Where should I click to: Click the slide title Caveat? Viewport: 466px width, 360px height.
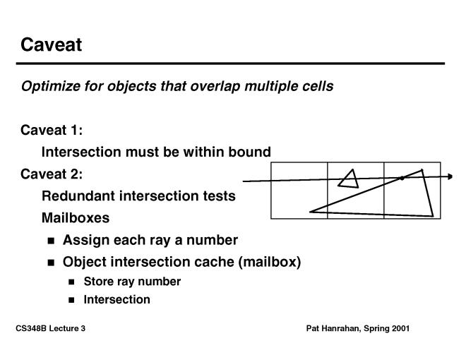tap(51, 45)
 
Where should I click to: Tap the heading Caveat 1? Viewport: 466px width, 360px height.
tap(52, 130)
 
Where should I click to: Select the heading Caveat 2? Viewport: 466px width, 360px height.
tap(52, 174)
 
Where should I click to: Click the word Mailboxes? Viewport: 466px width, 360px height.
tap(76, 217)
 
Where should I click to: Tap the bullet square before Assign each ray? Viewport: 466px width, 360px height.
tap(51, 241)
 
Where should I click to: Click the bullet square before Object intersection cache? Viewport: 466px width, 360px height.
tap(51, 263)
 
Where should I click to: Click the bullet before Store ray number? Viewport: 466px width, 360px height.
tap(71, 282)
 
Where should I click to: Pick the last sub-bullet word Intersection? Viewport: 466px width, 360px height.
tap(116, 299)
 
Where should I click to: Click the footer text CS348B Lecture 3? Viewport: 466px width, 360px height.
tap(51, 328)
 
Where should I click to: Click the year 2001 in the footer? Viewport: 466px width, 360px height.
tap(400, 328)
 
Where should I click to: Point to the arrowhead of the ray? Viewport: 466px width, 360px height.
tap(450, 176)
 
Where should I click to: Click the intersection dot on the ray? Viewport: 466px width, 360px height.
tap(402, 178)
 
